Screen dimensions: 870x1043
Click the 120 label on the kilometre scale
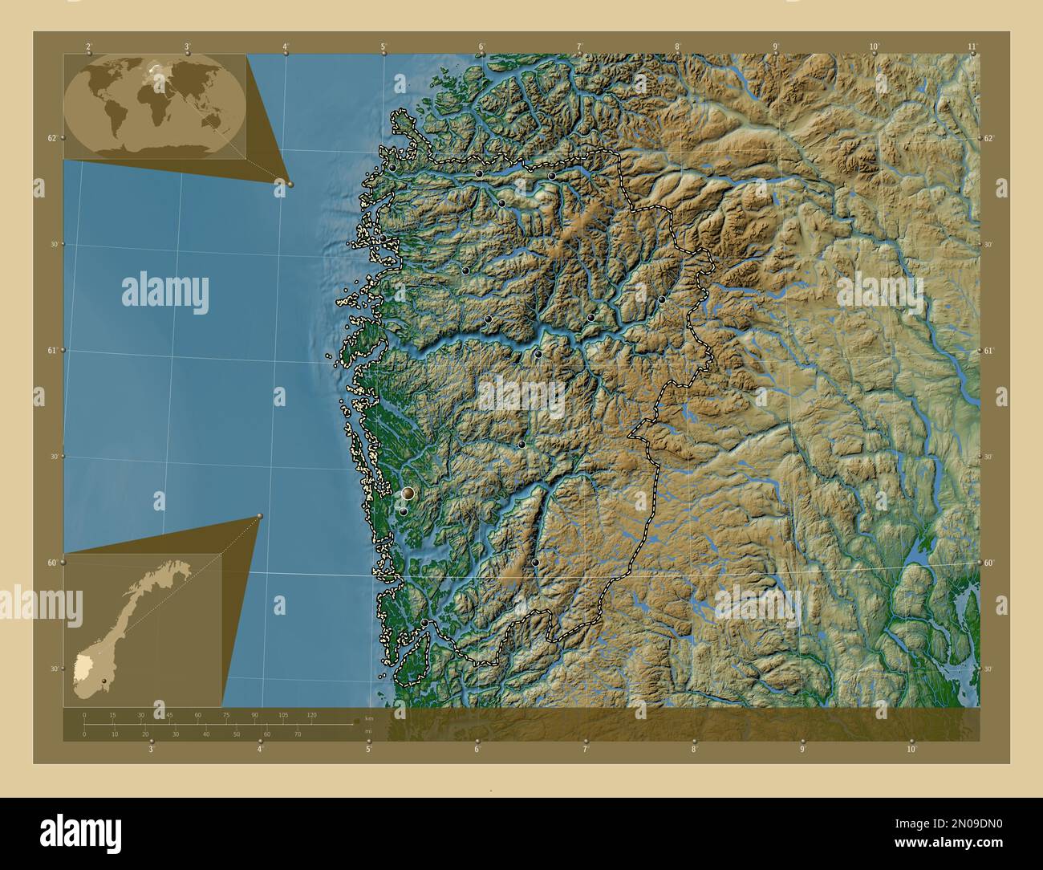tap(311, 714)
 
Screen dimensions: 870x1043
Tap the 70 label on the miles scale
tap(298, 734)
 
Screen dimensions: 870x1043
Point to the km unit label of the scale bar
tap(368, 718)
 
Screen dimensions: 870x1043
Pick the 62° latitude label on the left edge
tap(51, 138)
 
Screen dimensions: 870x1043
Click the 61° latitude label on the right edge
tap(989, 351)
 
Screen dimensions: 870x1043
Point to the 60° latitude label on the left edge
tap(51, 563)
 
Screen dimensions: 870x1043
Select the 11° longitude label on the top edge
tap(972, 47)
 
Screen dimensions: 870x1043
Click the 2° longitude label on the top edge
tap(88, 47)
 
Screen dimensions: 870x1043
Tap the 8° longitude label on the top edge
tap(677, 47)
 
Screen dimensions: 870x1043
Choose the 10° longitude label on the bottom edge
tap(911, 750)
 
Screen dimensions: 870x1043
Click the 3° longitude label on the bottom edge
tap(151, 750)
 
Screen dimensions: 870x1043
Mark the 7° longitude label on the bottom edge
tap(585, 750)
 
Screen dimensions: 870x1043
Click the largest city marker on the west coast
tap(408, 493)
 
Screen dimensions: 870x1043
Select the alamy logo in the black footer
tap(80, 831)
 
